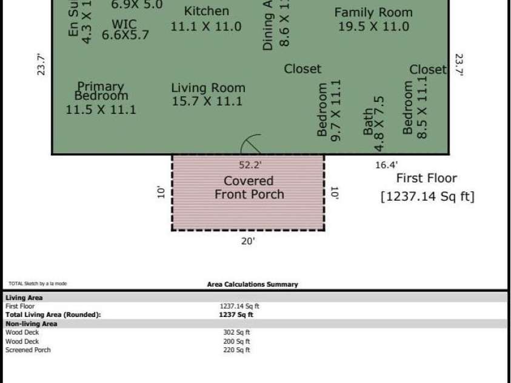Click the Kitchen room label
pos(206,19)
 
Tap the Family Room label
pos(373,19)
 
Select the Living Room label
pos(207,95)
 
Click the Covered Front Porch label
pos(249,187)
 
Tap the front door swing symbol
pos(251,145)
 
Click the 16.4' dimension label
pos(386,165)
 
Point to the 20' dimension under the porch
pos(248,241)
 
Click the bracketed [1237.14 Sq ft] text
pos(427,196)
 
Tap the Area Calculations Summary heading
pos(252,284)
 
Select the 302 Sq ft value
pos(236,332)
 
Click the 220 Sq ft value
pos(236,350)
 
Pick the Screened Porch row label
pos(28,350)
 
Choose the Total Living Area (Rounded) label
pos(53,315)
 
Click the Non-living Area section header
pos(31,324)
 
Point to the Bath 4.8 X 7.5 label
pos(373,124)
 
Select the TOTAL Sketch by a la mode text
pos(38,284)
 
